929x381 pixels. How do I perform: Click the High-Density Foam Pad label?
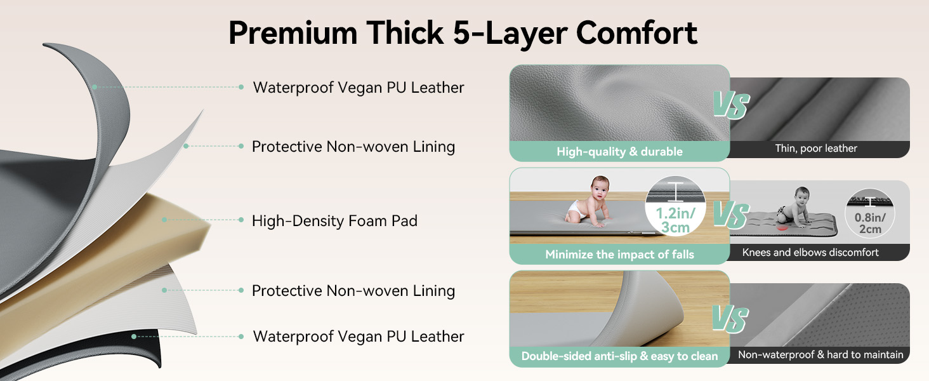point(334,221)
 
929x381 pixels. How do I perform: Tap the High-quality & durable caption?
point(619,152)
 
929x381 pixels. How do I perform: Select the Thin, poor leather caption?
point(816,149)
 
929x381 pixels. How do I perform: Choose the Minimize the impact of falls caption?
point(619,255)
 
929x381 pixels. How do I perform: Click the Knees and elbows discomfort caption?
point(810,253)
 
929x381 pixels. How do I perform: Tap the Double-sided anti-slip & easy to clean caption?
point(619,356)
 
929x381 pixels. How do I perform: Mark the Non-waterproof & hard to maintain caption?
point(820,355)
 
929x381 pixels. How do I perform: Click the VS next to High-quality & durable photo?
point(731,105)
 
